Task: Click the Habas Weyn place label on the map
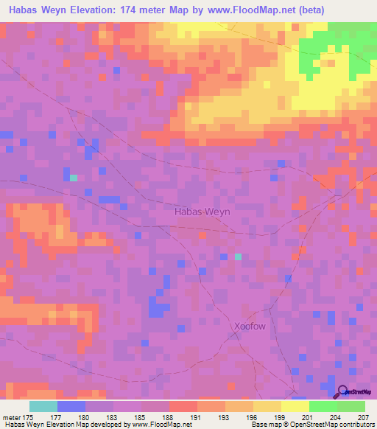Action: (x=202, y=212)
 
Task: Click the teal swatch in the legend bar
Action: (x=43, y=406)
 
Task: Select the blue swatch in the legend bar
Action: (x=71, y=406)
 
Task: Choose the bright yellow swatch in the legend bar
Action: (x=295, y=406)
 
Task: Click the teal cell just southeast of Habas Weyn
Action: (x=237, y=257)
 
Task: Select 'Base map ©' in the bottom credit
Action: (x=268, y=425)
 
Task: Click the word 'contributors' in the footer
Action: (x=356, y=425)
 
